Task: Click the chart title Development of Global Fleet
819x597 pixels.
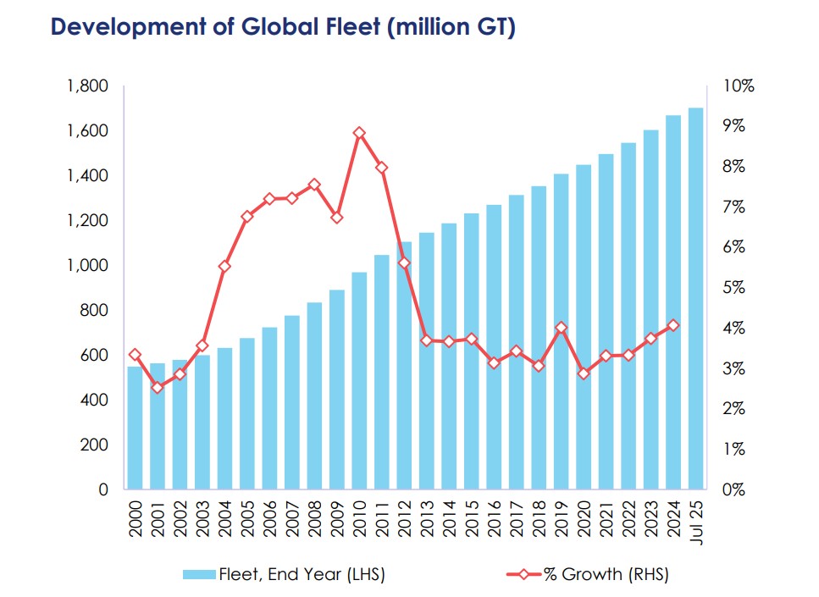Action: click(x=283, y=27)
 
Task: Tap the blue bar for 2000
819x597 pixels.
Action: click(x=135, y=428)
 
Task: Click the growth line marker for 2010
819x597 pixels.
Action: click(x=359, y=133)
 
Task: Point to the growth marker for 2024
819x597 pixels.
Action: click(x=673, y=325)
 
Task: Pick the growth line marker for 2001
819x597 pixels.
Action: click(x=158, y=387)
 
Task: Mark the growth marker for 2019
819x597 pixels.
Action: click(x=561, y=328)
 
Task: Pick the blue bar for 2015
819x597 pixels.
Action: click(x=471, y=351)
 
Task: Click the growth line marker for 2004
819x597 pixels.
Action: click(x=224, y=266)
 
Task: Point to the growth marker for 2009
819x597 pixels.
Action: click(x=336, y=218)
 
